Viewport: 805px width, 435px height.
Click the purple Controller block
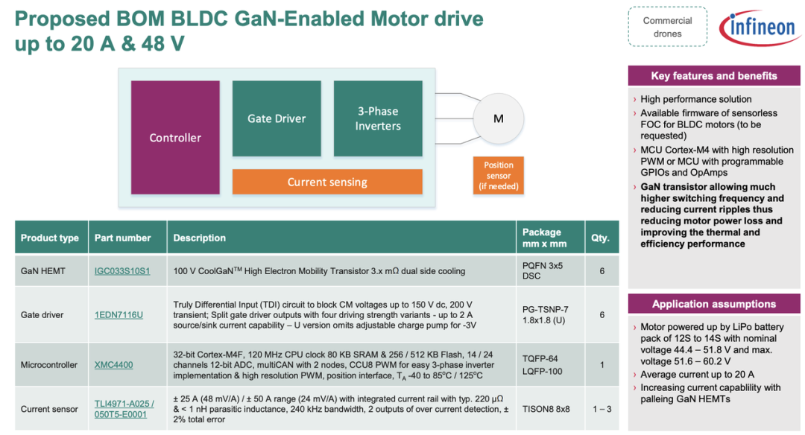click(x=175, y=138)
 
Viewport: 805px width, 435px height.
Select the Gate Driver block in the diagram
click(x=277, y=118)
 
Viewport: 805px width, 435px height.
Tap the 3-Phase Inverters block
click(x=378, y=118)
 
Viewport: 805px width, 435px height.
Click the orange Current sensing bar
click(x=327, y=182)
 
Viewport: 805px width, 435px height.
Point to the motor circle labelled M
click(x=498, y=118)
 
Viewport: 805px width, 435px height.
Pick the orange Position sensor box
click(x=499, y=176)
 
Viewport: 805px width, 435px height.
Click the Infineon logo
click(x=760, y=27)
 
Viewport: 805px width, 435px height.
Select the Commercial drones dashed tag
click(x=667, y=27)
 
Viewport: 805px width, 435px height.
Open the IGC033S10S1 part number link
click(x=122, y=271)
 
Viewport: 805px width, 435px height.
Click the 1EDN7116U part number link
click(x=119, y=314)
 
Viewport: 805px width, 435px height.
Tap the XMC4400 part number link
click(x=113, y=365)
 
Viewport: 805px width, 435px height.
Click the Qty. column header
click(x=600, y=238)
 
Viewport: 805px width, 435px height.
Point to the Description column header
click(x=199, y=238)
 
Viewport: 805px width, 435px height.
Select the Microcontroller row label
click(x=48, y=365)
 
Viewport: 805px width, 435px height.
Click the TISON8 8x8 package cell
click(x=546, y=409)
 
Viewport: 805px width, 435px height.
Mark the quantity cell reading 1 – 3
click(x=602, y=409)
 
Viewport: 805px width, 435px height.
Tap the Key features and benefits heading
click(x=714, y=76)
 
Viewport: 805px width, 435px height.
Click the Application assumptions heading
click(x=714, y=304)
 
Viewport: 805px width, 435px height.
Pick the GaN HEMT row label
click(x=43, y=271)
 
